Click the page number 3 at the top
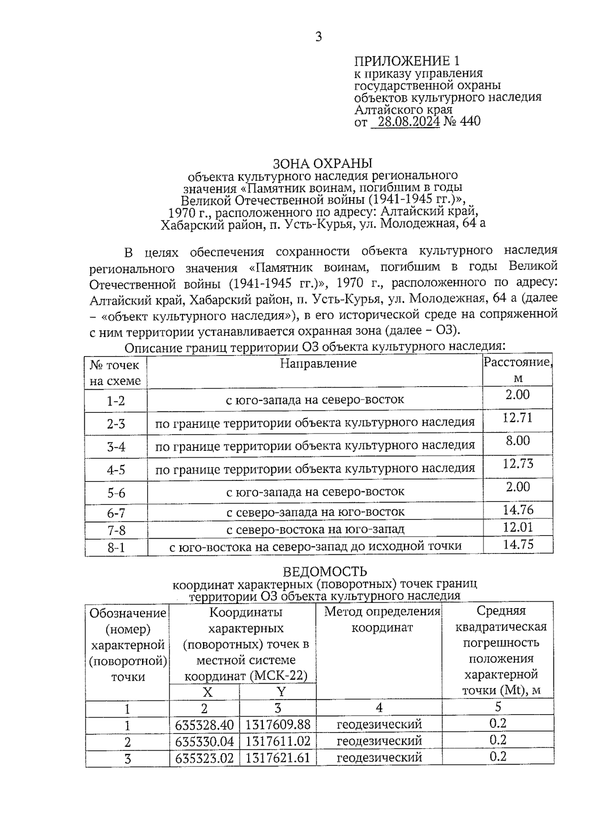(318, 37)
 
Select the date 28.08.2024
(406, 121)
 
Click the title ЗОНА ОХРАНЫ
(323, 163)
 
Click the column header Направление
(318, 364)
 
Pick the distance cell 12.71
(517, 418)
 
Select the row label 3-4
(116, 447)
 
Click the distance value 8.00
(517, 440)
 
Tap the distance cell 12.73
(517, 464)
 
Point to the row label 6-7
(116, 513)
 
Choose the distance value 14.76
(518, 510)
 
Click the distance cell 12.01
(518, 527)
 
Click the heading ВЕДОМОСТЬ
(325, 572)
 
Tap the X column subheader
(208, 692)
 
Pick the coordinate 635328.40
(204, 725)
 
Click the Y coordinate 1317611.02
(278, 741)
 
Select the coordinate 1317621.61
(278, 758)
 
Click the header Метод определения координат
(382, 619)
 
